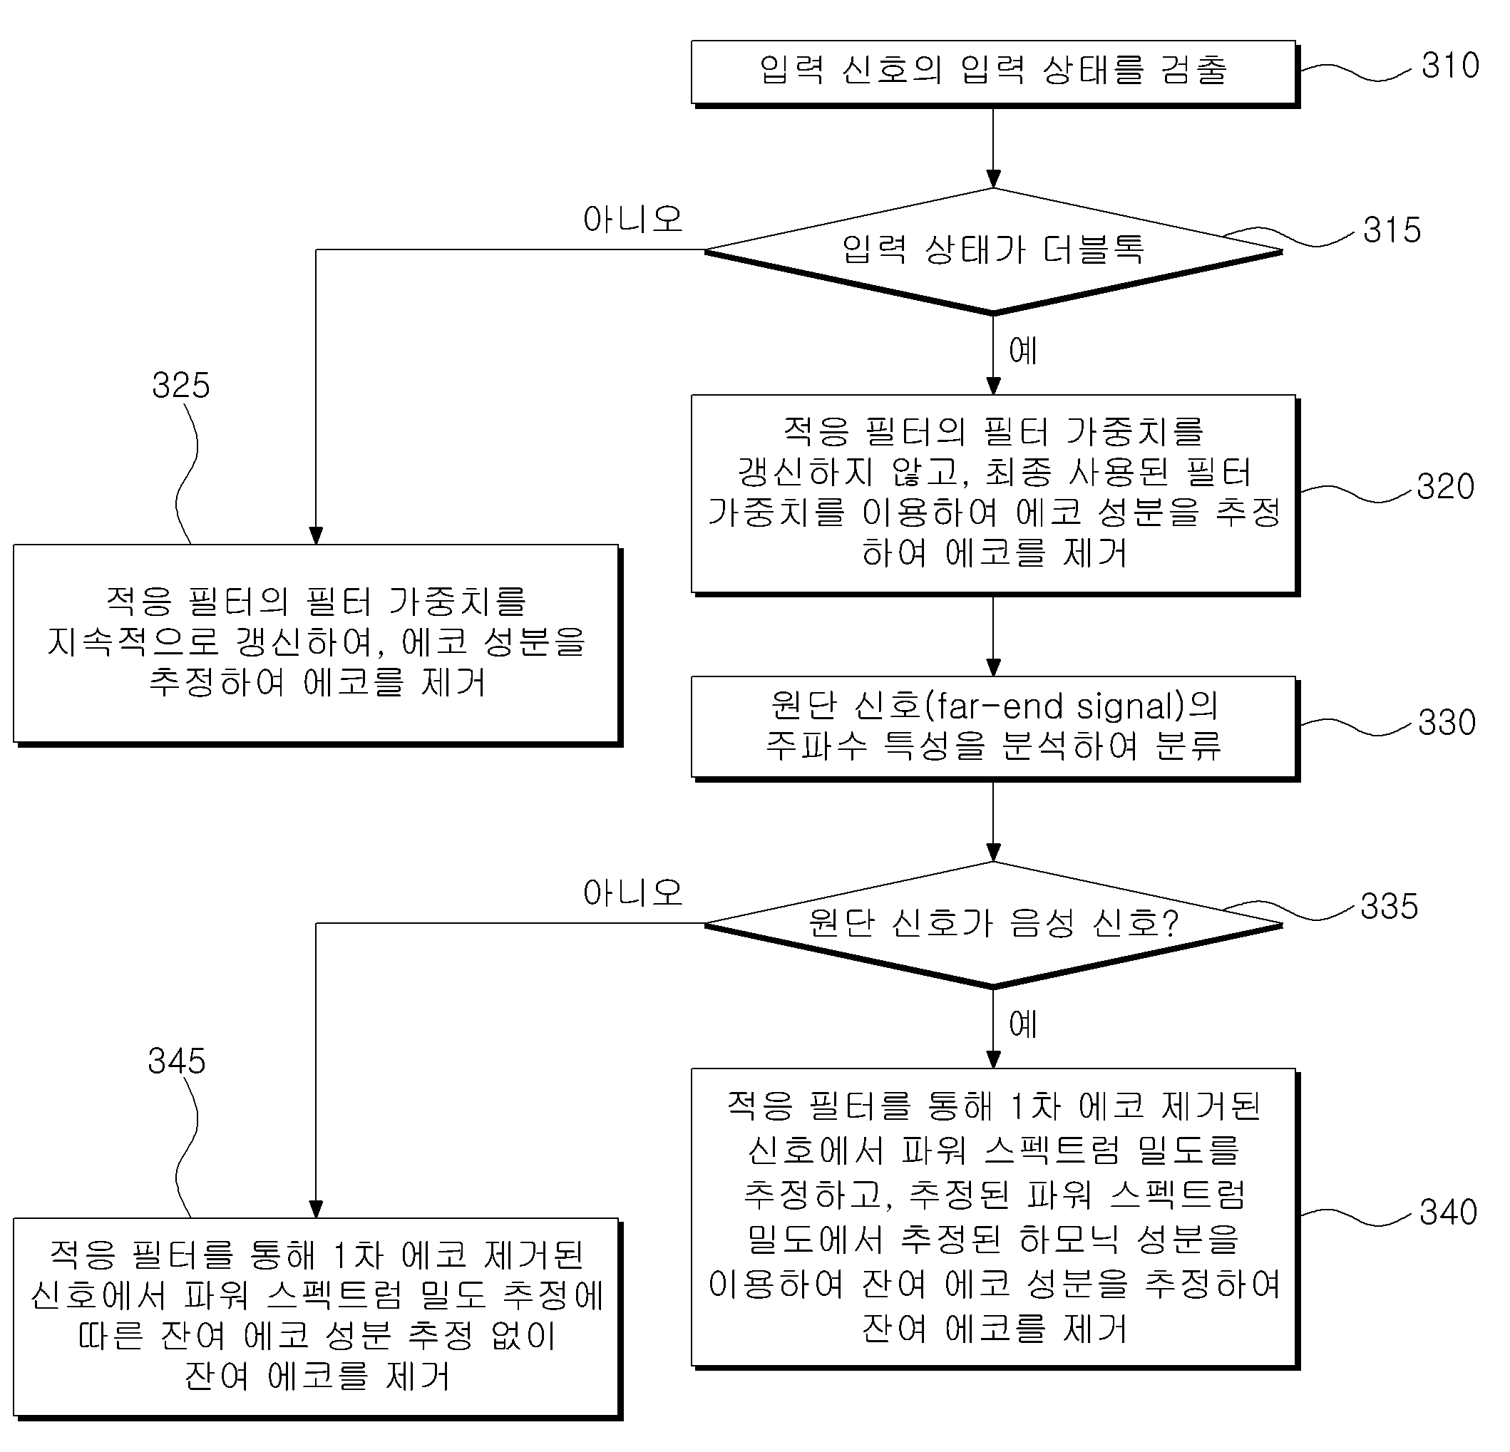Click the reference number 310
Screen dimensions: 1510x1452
(x=1450, y=66)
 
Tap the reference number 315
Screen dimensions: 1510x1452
(x=1392, y=230)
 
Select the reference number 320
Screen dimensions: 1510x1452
(x=1445, y=487)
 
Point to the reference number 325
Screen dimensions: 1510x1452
(x=180, y=385)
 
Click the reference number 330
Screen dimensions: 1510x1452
(x=1447, y=723)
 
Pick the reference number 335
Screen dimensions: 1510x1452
(x=1389, y=907)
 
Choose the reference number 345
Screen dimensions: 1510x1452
(x=176, y=1061)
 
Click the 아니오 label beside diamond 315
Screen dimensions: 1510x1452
(x=632, y=220)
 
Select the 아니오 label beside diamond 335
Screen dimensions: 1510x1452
(x=632, y=892)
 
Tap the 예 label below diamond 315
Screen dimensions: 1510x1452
(x=1023, y=351)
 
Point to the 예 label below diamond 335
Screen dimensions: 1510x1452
(x=1023, y=1024)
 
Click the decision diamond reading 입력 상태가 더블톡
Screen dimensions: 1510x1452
(x=993, y=251)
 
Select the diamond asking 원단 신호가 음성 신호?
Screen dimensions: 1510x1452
(x=993, y=925)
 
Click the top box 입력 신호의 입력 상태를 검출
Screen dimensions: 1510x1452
(x=995, y=74)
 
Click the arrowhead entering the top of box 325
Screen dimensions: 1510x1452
(x=316, y=535)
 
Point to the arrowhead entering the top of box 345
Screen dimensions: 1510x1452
(x=316, y=1209)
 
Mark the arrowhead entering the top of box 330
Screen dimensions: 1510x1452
(x=994, y=667)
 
